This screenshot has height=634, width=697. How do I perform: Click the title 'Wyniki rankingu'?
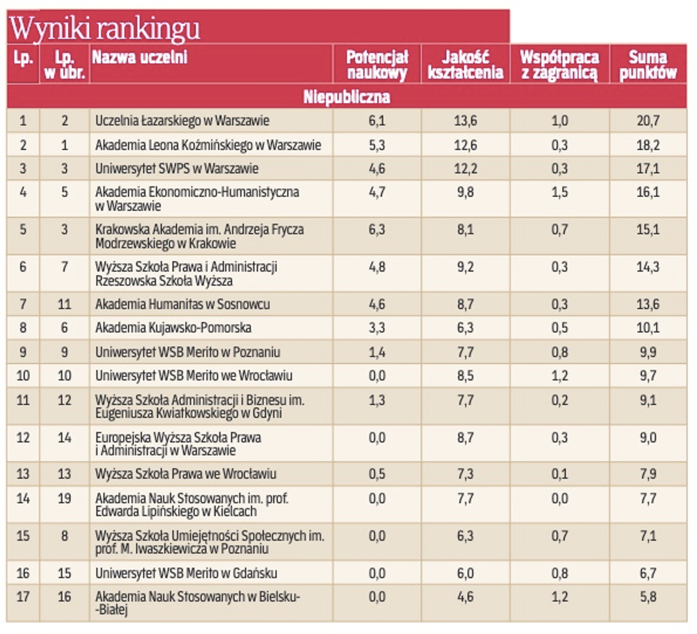[x=105, y=28]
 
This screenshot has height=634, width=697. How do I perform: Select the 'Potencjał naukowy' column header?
[x=377, y=65]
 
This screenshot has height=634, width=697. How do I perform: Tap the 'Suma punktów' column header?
[x=648, y=65]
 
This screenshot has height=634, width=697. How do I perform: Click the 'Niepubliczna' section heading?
[x=346, y=97]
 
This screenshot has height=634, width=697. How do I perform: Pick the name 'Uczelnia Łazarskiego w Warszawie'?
[x=182, y=121]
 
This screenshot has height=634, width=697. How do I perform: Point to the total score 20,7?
[x=648, y=121]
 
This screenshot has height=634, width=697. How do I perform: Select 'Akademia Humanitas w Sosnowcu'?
[x=182, y=304]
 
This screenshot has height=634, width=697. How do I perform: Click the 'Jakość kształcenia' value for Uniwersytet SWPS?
[x=465, y=169]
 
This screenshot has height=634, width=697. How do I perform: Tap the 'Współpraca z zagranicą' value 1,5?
[x=559, y=193]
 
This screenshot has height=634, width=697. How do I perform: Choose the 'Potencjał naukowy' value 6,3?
[x=377, y=230]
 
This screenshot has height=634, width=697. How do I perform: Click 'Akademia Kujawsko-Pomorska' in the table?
[x=173, y=328]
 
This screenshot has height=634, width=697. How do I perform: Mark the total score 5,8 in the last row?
[x=648, y=597]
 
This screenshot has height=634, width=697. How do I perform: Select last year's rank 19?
[x=64, y=498]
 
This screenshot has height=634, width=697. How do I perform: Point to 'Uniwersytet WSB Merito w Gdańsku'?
[x=186, y=574]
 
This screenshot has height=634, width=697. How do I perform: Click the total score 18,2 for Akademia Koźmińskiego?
[x=648, y=145]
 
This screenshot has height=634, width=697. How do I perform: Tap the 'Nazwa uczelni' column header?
[x=140, y=58]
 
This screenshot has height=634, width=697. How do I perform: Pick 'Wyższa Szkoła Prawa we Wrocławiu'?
[x=186, y=474]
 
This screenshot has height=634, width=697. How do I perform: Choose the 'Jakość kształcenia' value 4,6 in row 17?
[x=465, y=597]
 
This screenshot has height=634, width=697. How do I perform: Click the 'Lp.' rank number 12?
[x=23, y=438]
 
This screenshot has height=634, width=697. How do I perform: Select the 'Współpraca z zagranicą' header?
[x=559, y=65]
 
